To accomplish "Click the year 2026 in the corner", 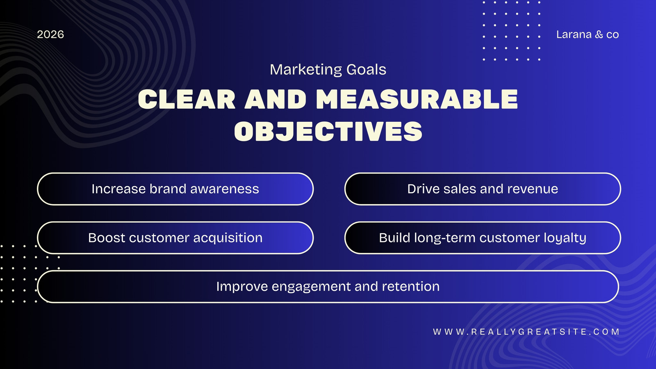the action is [x=50, y=34].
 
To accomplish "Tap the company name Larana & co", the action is [x=588, y=34].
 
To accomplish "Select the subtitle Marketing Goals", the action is [x=328, y=70].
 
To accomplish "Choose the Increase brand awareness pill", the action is [x=175, y=189].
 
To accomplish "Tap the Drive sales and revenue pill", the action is [x=483, y=189].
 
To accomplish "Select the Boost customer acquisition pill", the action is [x=175, y=238].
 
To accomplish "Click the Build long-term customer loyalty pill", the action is [x=483, y=238].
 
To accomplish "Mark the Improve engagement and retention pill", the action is [x=328, y=287].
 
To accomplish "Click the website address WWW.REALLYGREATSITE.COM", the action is [x=526, y=332].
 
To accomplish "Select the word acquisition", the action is [x=228, y=238].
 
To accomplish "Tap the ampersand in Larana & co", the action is [x=599, y=34].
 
